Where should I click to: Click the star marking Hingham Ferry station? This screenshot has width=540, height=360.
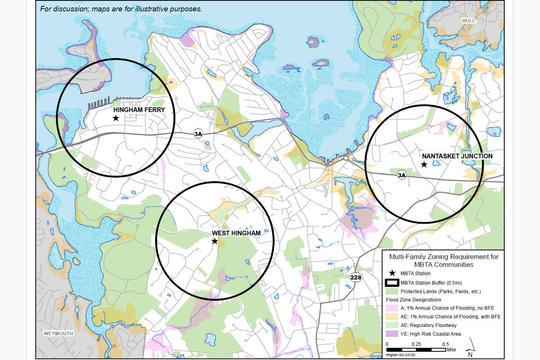[x=116, y=118]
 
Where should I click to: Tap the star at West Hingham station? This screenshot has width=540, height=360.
[x=215, y=241]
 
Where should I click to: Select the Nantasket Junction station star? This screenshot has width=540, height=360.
[x=424, y=165]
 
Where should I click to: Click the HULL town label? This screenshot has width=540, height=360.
[x=469, y=21]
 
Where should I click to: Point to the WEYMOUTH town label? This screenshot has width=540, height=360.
[x=59, y=333]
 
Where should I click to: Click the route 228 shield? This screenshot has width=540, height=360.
[x=356, y=277]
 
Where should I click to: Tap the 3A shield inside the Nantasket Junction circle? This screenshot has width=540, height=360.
[x=401, y=175]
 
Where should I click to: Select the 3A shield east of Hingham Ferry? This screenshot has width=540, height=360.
[x=198, y=134]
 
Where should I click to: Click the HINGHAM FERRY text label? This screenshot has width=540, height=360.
[x=139, y=110]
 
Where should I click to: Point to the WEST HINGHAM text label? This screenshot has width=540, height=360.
[x=236, y=233]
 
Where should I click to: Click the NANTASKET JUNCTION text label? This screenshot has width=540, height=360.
[x=457, y=156]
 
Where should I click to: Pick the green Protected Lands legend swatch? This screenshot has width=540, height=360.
[x=392, y=292]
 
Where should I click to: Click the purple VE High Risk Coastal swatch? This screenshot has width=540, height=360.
[x=392, y=334]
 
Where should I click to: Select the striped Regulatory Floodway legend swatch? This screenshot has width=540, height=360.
[x=392, y=325]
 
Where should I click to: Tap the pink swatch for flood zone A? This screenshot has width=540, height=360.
[x=392, y=308]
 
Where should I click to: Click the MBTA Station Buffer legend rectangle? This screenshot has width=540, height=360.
[x=392, y=283]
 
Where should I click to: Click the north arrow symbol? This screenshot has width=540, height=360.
[x=470, y=346]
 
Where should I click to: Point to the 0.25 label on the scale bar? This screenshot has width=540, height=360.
[x=416, y=344]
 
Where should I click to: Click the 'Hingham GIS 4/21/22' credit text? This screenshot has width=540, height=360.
[x=400, y=355]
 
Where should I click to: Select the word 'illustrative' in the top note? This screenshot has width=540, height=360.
[x=149, y=9]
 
